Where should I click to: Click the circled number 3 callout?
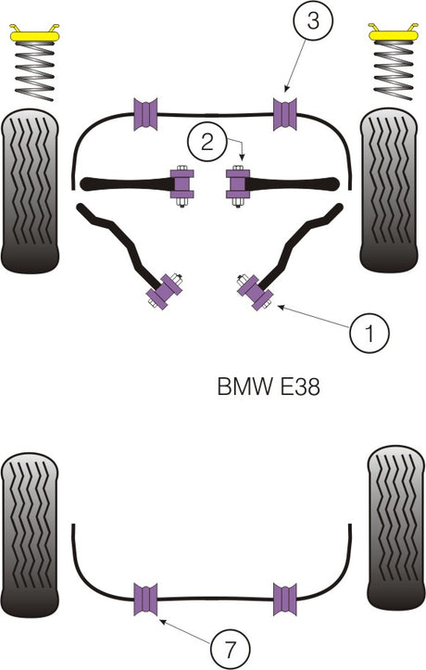click(x=313, y=21)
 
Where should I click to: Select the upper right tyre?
click(x=393, y=189)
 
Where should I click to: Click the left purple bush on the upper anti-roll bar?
click(x=146, y=113)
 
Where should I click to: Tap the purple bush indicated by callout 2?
click(x=237, y=186)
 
